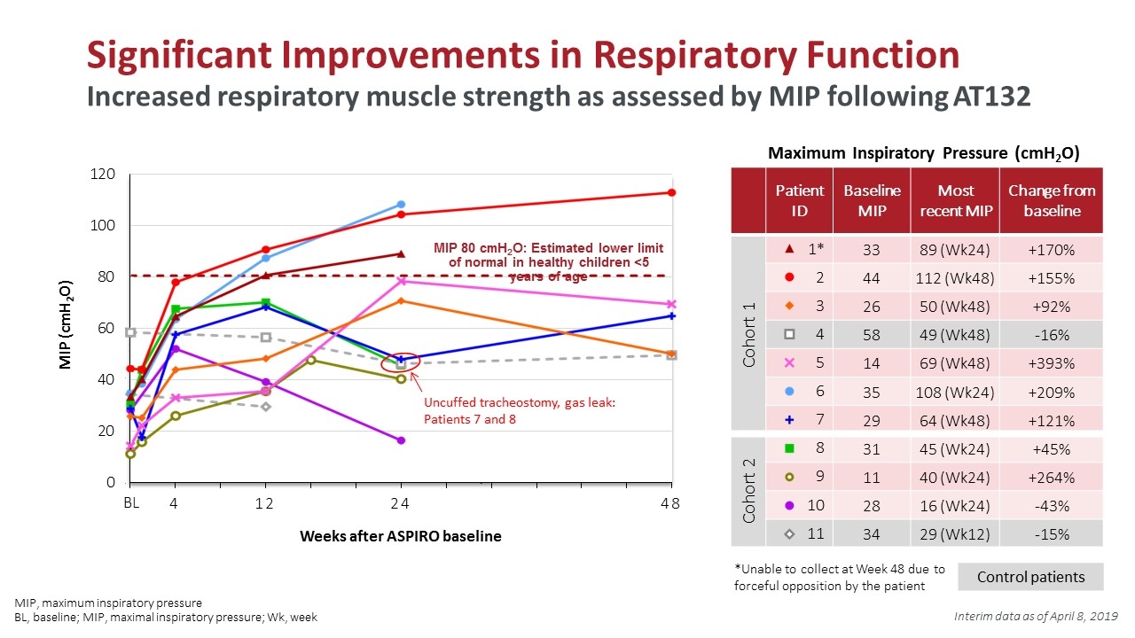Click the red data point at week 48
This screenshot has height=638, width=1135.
(x=671, y=192)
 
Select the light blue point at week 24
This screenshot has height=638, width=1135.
(x=401, y=205)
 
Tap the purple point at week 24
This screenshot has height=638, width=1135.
(x=401, y=440)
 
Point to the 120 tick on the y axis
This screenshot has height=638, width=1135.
(x=102, y=175)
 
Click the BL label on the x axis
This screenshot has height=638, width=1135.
(x=131, y=502)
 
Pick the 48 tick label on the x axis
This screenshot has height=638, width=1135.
(x=669, y=503)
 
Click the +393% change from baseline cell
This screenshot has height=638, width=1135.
(x=1051, y=363)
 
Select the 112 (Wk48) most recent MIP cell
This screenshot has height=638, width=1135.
(x=955, y=278)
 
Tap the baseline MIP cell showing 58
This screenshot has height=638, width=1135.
(x=872, y=335)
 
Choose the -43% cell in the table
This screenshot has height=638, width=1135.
(x=1051, y=506)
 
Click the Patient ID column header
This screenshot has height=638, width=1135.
(x=799, y=200)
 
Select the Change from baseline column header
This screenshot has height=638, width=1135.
(x=1052, y=200)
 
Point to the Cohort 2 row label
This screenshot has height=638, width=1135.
(x=748, y=490)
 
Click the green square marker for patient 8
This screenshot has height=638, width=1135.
(x=789, y=448)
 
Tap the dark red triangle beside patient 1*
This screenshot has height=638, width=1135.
(x=789, y=249)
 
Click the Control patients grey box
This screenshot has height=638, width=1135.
(x=1030, y=577)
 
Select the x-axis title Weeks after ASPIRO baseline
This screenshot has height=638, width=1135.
(x=400, y=536)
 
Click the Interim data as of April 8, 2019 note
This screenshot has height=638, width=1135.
(x=1036, y=616)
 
